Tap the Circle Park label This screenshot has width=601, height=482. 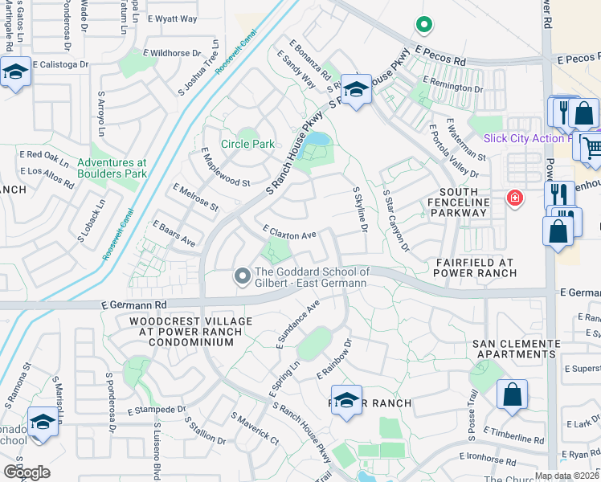(248, 144)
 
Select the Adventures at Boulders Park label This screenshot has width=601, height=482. (112, 168)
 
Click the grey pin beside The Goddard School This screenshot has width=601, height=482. (242, 277)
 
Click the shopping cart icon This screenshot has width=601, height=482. (591, 146)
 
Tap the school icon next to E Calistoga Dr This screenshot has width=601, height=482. (15, 73)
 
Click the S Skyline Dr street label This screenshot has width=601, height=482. (360, 211)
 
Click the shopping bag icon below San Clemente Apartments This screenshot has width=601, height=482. (511, 395)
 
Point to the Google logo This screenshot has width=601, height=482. (27, 472)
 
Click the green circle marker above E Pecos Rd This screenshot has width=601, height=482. (422, 25)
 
